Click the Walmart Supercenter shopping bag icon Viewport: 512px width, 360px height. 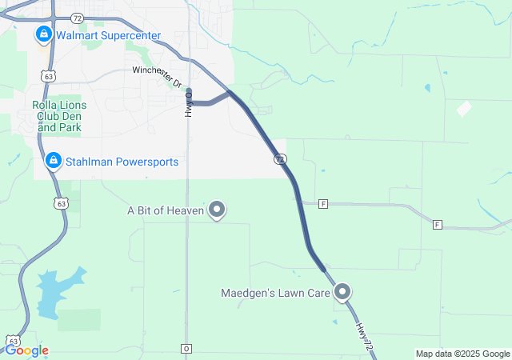point(43,34)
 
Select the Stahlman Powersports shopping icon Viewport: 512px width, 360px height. point(54,161)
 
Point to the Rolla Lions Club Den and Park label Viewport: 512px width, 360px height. point(58,115)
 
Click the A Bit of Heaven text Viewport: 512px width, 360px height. point(165,211)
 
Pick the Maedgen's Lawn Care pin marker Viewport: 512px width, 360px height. point(343,293)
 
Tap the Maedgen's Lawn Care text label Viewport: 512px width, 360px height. point(275,294)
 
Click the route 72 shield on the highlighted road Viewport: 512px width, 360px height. point(279,159)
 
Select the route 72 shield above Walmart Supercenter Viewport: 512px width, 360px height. point(77,16)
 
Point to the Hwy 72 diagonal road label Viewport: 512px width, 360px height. point(364,334)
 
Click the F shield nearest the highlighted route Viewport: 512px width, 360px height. point(323,203)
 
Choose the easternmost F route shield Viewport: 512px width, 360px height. point(437,224)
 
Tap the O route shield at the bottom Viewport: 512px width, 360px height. point(186,349)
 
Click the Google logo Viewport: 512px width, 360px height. point(26,350)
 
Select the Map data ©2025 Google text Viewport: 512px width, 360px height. point(462,354)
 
